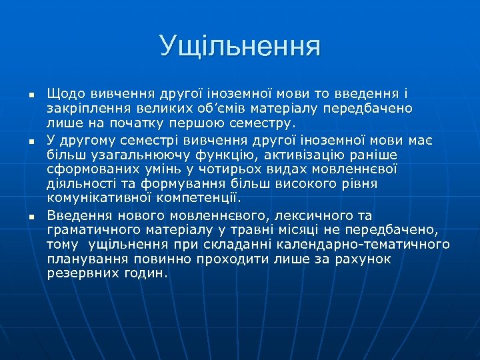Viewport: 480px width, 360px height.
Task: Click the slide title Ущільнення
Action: point(240,47)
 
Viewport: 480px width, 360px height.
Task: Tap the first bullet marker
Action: point(31,94)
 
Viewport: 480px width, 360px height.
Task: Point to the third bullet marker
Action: point(31,217)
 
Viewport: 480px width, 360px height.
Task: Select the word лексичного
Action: point(303,215)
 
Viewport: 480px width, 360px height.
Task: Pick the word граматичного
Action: point(95,231)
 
